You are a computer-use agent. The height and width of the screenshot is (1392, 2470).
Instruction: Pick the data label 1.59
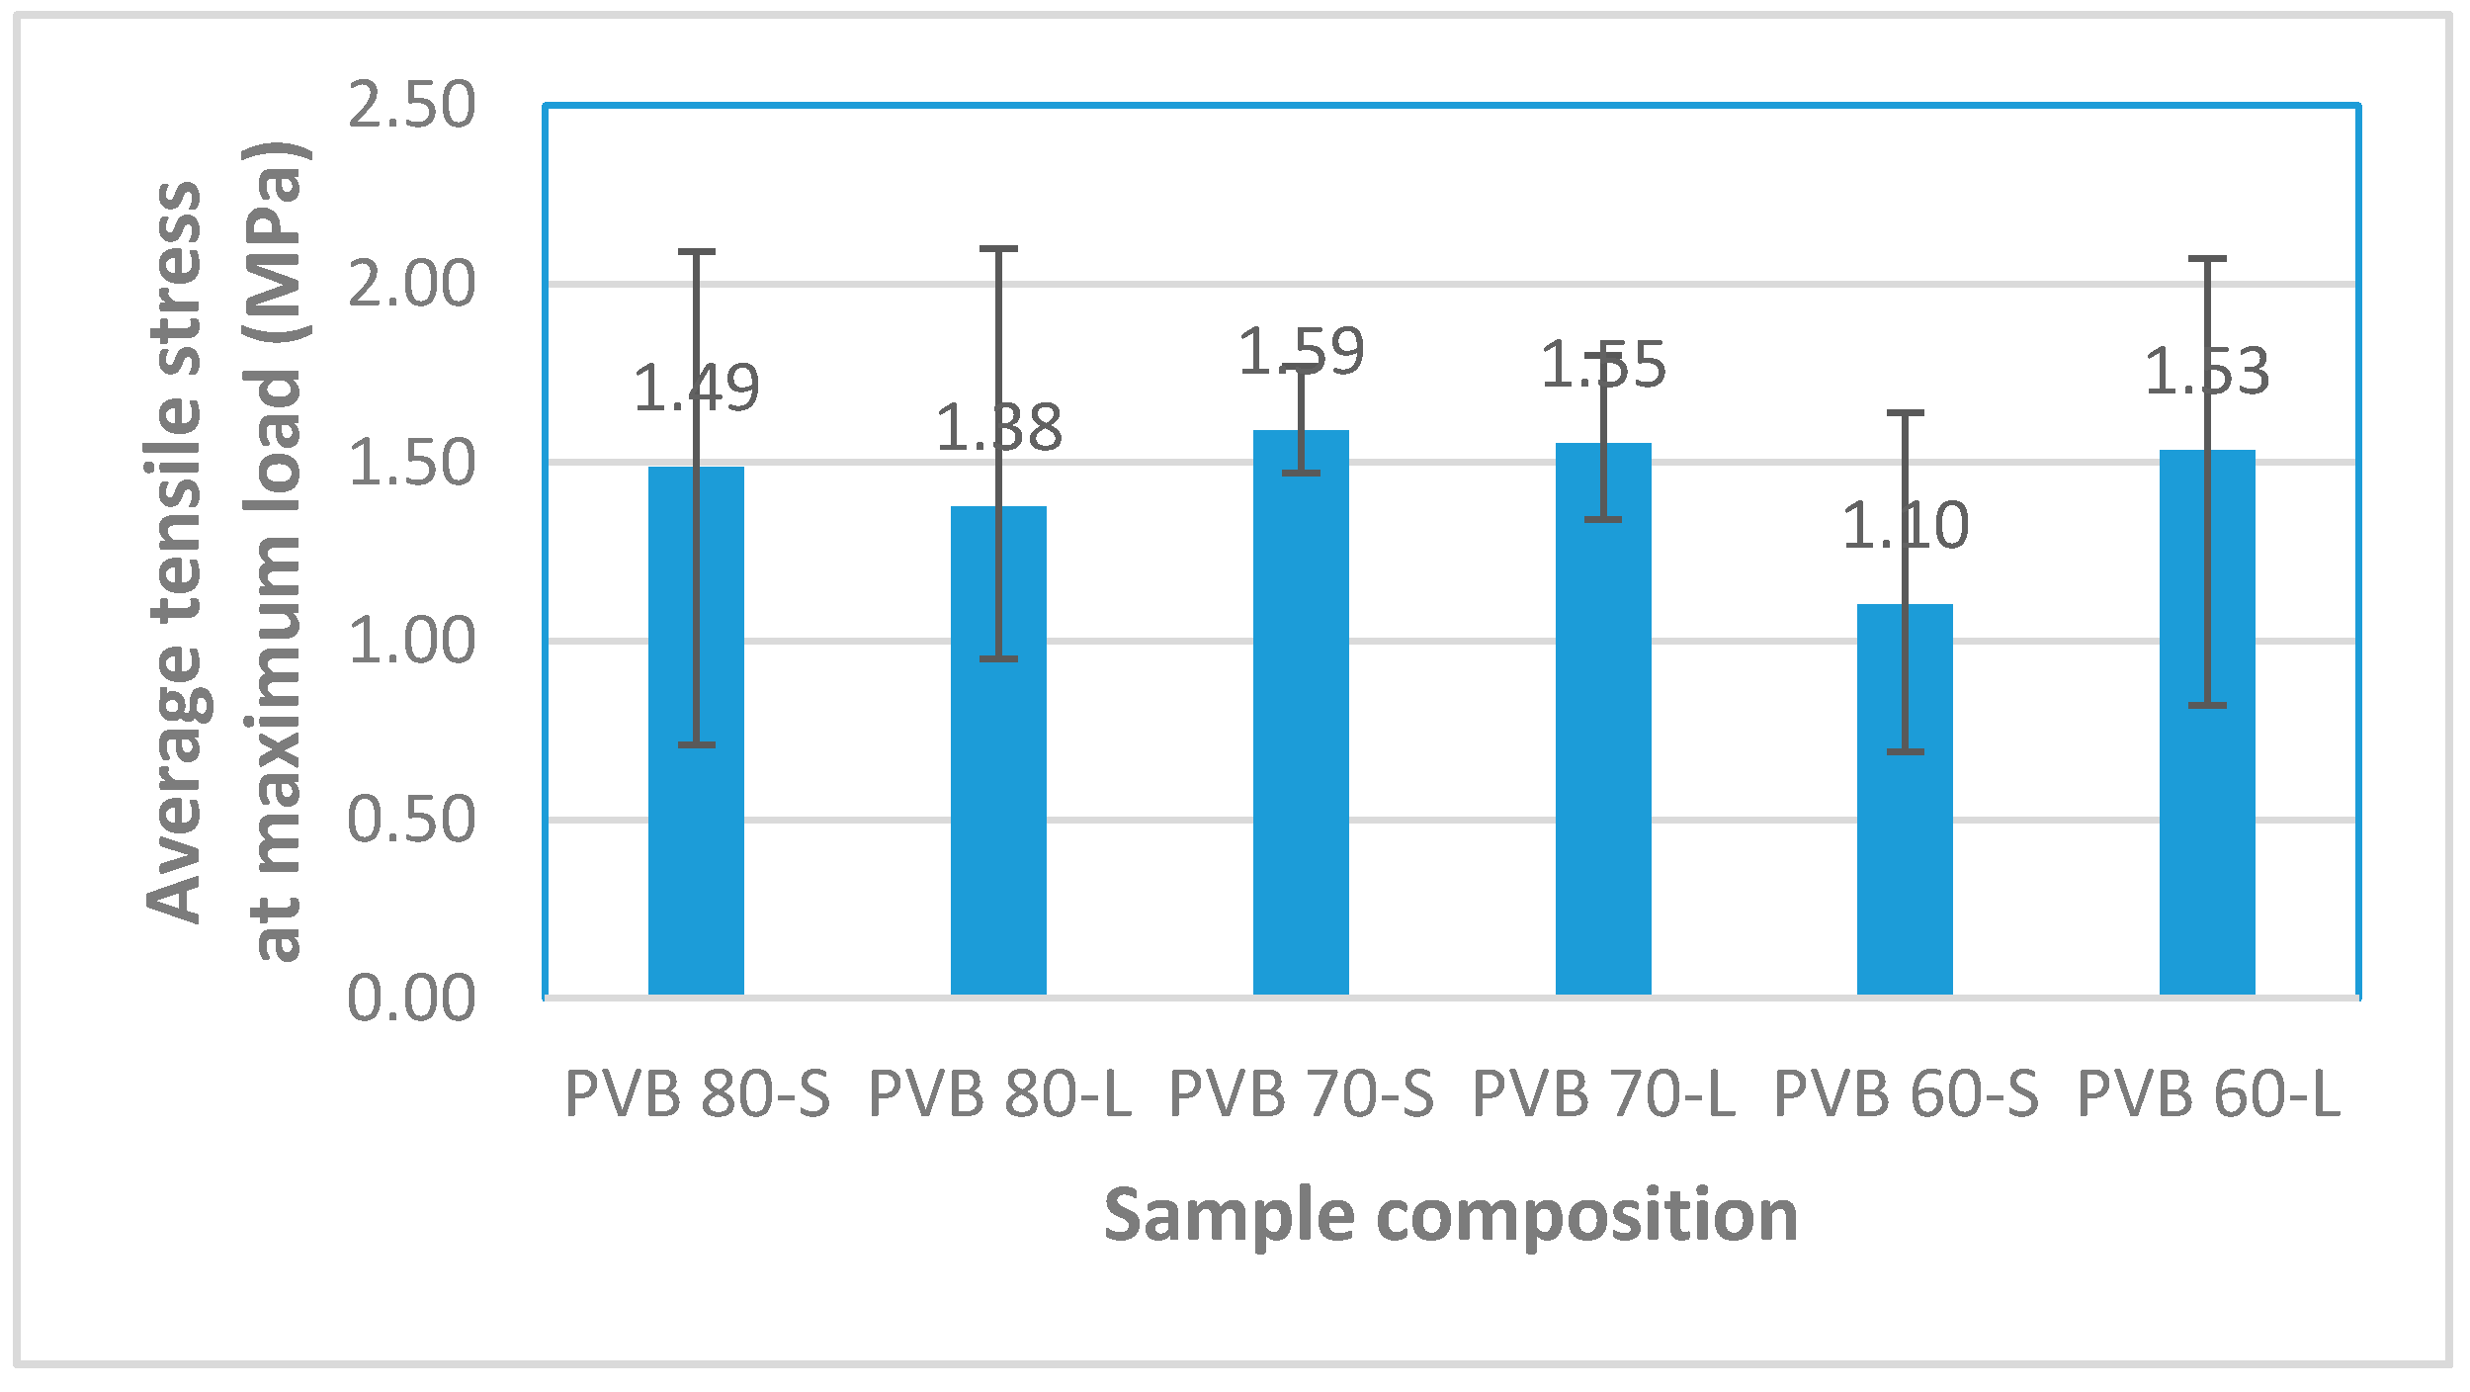(1301, 352)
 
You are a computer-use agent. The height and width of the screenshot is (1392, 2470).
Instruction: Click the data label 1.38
(998, 428)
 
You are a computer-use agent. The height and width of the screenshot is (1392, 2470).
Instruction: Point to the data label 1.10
(1905, 525)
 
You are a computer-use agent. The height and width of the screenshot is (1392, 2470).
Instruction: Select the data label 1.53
(2206, 372)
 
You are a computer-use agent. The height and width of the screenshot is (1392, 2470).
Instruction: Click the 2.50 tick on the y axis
(411, 105)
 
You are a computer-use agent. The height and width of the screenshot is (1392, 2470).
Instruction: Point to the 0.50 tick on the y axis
(411, 820)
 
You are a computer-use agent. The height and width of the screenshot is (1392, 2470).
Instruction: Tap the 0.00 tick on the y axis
(411, 999)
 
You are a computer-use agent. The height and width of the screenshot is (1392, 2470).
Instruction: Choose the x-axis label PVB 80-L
(999, 1095)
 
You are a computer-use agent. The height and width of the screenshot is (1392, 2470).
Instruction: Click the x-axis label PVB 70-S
(1301, 1095)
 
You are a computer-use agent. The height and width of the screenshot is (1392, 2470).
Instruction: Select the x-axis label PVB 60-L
(2208, 1095)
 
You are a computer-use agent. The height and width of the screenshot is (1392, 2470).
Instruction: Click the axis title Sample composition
(1450, 1214)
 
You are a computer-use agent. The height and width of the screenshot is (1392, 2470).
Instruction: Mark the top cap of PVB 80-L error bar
(998, 249)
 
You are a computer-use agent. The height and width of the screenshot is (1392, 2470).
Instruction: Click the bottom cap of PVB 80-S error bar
(696, 744)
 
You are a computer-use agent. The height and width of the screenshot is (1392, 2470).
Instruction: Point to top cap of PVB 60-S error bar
(1905, 413)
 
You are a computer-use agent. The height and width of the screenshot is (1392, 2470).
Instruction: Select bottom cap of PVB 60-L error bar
(2206, 705)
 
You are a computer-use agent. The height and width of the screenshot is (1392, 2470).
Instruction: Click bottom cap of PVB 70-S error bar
(1301, 474)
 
